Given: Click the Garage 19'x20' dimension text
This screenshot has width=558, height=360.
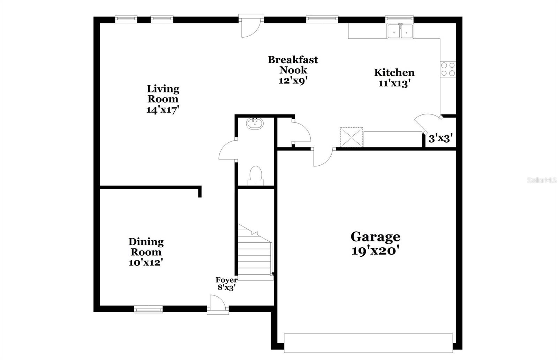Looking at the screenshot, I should pos(375,251).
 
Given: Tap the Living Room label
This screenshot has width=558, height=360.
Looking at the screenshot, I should pos(163,93).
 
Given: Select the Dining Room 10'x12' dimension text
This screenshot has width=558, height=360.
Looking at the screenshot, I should pos(146,262).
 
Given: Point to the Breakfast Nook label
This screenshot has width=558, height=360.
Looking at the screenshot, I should pos(293,65).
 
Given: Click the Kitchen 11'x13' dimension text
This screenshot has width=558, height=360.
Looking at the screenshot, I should pos(394,83).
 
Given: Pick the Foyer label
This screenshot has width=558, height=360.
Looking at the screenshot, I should pos(226,280).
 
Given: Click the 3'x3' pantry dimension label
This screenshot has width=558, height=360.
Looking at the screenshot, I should pos(440,138).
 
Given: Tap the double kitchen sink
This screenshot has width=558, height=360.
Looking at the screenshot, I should pos(400,31).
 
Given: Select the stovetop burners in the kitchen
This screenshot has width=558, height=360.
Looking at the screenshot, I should pos(448,69).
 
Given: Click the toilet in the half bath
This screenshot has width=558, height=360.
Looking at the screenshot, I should pos(256,175).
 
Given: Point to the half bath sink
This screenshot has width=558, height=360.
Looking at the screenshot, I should pos(255,123).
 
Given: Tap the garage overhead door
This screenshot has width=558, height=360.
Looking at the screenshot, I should pos(368,343).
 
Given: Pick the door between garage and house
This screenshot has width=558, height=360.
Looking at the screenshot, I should pos(323,157).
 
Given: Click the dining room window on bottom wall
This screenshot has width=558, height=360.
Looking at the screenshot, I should pos(148,309).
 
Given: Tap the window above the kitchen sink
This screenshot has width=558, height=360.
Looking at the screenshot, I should pos(399,18).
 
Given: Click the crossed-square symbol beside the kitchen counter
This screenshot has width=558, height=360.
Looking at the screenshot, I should pos(352,137).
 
